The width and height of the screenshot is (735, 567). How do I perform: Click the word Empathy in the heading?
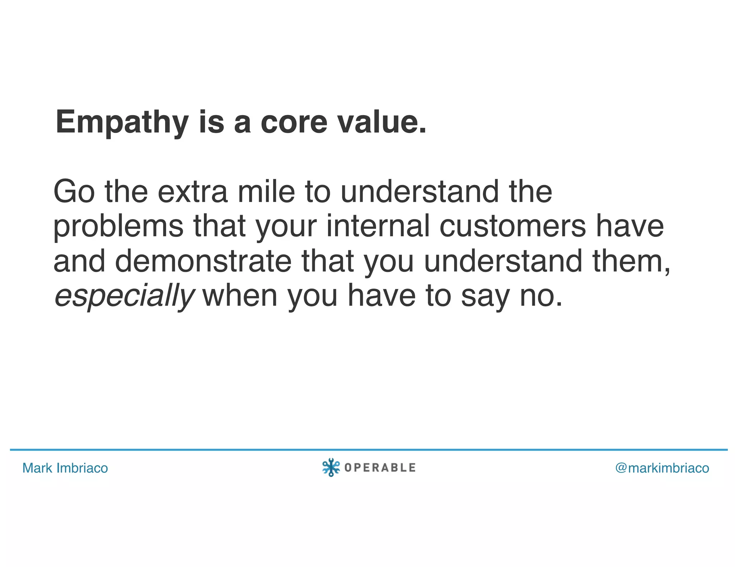122,123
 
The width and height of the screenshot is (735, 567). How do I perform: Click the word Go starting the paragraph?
74,192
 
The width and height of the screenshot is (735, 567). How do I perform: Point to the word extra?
192,192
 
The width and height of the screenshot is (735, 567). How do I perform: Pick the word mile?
266,192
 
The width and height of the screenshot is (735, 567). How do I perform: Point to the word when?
240,296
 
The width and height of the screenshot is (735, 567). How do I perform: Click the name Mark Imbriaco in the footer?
65,468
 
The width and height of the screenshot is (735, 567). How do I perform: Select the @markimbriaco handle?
662,468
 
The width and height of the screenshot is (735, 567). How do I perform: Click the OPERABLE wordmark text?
380,468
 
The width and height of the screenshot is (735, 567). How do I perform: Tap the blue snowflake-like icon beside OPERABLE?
331,467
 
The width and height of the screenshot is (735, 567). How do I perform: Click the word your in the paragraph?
286,227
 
